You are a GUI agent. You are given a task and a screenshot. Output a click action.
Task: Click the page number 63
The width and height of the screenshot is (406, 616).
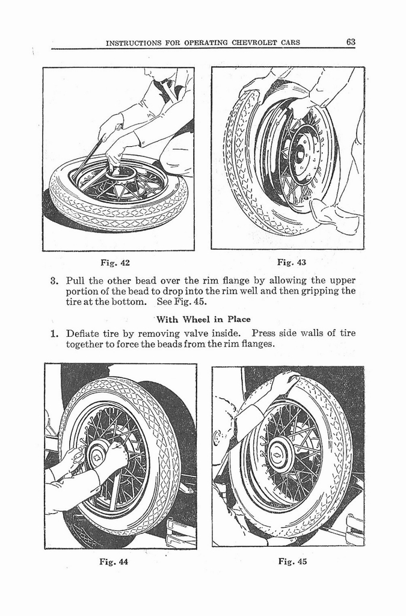tap(351, 42)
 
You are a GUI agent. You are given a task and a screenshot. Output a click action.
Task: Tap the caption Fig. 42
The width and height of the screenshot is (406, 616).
tap(114, 262)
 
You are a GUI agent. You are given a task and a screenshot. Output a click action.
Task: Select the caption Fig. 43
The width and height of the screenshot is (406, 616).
tap(292, 262)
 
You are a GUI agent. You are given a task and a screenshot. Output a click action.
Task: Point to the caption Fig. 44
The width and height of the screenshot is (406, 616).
tap(113, 562)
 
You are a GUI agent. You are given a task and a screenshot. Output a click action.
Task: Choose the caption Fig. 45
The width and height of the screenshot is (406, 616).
tap(292, 562)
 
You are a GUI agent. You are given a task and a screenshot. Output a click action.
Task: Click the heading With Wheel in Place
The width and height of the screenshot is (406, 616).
tap(203, 319)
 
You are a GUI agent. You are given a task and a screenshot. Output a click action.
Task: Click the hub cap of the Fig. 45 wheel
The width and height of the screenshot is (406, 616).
tap(278, 455)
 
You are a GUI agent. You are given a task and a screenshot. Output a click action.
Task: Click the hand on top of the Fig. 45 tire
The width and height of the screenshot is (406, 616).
tap(285, 381)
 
